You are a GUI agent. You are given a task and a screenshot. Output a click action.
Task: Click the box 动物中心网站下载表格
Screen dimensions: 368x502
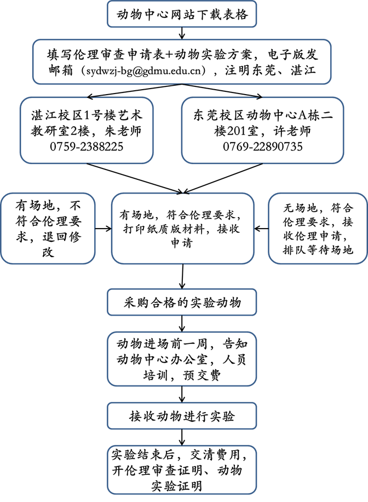182,14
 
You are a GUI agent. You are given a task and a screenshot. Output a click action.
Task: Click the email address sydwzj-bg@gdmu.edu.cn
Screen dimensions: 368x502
146,71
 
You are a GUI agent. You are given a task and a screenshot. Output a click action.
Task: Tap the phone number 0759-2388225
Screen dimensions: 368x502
87,147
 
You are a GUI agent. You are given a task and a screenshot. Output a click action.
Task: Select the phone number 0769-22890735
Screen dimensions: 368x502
262,147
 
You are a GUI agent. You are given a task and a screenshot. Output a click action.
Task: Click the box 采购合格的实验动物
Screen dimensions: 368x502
182,302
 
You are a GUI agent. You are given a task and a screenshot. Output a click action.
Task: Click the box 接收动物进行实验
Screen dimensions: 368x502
182,416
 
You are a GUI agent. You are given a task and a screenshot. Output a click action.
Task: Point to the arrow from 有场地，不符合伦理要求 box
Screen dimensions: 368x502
103,229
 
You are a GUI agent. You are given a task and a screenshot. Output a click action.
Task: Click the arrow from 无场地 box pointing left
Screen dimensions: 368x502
261,229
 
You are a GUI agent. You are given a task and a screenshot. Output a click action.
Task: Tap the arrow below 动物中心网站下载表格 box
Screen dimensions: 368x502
182,33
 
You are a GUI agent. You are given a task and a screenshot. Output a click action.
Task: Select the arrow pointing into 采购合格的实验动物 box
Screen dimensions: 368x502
182,276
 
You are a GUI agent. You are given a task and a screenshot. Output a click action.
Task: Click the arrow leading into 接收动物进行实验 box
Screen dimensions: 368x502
182,394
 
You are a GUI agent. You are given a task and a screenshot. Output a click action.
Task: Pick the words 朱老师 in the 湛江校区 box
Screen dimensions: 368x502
123,131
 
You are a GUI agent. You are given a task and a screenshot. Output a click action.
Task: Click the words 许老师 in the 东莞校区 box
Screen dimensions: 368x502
292,131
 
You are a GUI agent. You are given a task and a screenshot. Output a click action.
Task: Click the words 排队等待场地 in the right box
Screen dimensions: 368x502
318,250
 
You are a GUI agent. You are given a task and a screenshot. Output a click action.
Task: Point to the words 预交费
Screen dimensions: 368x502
202,375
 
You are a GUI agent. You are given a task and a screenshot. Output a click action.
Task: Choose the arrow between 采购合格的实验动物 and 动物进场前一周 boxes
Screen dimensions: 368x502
182,324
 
